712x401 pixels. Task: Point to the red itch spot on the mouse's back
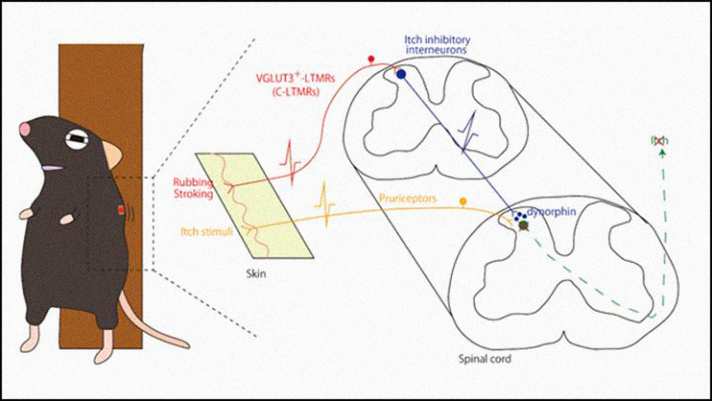(x=121, y=210)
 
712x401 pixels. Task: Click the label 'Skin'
(x=256, y=274)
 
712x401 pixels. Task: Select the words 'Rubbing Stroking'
(x=193, y=188)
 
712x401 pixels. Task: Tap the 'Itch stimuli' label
(x=206, y=232)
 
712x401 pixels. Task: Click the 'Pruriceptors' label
(x=407, y=198)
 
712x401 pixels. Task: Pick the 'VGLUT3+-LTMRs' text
(x=296, y=78)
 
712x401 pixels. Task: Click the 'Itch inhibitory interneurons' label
(x=437, y=45)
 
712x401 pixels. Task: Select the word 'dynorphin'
(x=552, y=212)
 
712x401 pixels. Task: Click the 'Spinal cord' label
(x=485, y=359)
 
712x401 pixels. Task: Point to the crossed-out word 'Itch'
(x=659, y=141)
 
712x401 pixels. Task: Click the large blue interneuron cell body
(x=402, y=74)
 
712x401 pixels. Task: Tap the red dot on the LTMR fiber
(x=371, y=59)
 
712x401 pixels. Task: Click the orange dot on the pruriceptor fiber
(x=463, y=202)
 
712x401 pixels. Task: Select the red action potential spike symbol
(x=290, y=162)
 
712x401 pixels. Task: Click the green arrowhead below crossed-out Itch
(x=663, y=153)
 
